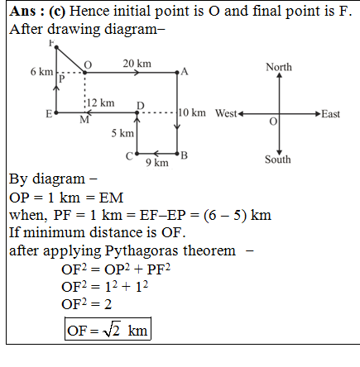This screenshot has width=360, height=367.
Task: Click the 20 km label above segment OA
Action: tap(137, 64)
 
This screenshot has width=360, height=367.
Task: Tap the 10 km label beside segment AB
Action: tap(192, 112)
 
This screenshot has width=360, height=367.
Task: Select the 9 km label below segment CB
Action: tap(157, 163)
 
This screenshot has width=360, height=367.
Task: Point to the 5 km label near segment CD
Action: tap(122, 133)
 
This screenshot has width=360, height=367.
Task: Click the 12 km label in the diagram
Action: tap(101, 103)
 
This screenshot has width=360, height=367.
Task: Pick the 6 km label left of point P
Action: tap(41, 72)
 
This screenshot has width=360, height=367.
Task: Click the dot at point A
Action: tap(177, 73)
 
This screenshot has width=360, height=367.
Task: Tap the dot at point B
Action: tap(177, 154)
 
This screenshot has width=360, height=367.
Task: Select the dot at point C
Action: tap(137, 154)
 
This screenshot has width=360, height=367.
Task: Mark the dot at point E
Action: tap(56, 112)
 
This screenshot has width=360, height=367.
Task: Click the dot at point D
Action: tap(137, 112)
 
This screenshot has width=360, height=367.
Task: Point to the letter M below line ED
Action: tap(84, 120)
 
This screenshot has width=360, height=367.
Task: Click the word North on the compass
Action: tap(279, 67)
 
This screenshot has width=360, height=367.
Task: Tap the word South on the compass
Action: tap(278, 160)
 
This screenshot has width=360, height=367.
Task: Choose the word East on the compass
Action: tap(331, 114)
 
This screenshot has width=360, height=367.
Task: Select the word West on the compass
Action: tap(226, 113)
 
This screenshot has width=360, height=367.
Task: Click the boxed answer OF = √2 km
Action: tap(108, 329)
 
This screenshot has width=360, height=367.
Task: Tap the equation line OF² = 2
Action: tap(87, 304)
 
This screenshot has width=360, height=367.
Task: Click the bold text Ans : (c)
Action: tap(37, 12)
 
